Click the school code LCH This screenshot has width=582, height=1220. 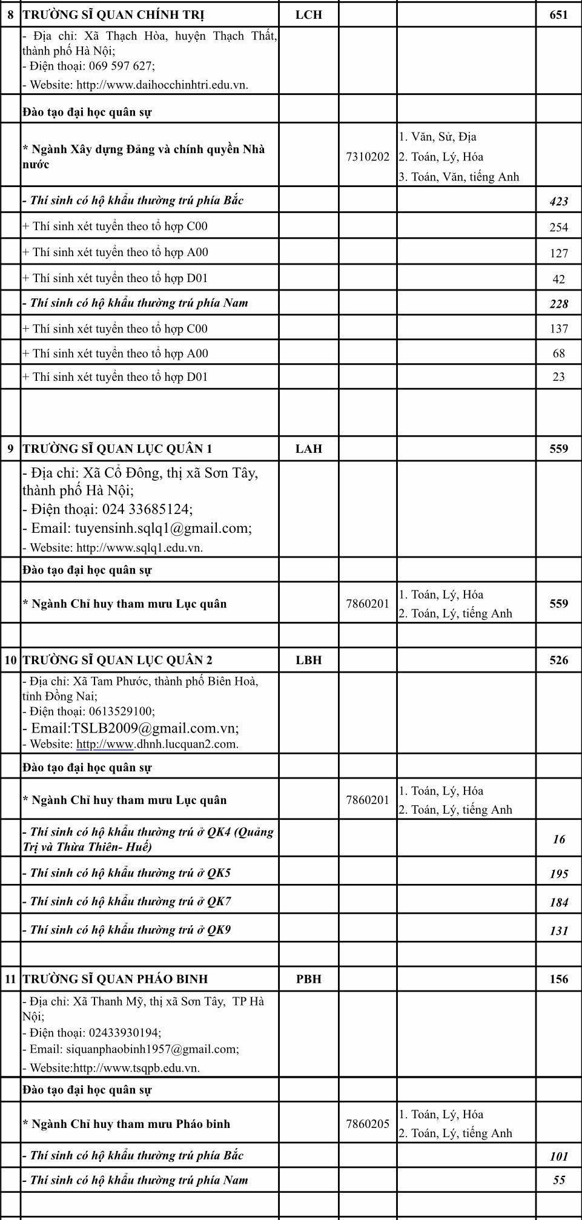[x=308, y=15]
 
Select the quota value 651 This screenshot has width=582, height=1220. [x=558, y=15]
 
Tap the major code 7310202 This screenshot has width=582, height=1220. [x=368, y=157]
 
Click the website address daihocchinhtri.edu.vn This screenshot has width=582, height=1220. [x=162, y=85]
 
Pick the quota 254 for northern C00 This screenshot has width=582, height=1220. [x=558, y=227]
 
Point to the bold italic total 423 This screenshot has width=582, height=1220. [x=558, y=202]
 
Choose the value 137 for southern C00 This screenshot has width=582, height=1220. [x=558, y=329]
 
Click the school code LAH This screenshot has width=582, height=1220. [x=308, y=449]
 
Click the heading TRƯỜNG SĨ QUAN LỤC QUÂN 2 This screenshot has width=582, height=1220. [x=117, y=660]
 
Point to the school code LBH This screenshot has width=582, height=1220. [x=308, y=660]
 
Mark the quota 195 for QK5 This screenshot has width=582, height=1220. [x=558, y=874]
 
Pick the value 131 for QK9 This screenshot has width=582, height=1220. [x=558, y=931]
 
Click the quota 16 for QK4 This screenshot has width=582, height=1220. [x=558, y=839]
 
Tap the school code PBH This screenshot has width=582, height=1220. [x=308, y=979]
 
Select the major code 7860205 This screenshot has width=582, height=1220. [x=368, y=1124]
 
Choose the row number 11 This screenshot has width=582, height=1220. [x=10, y=979]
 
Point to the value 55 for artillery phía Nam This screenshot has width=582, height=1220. [x=558, y=1180]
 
